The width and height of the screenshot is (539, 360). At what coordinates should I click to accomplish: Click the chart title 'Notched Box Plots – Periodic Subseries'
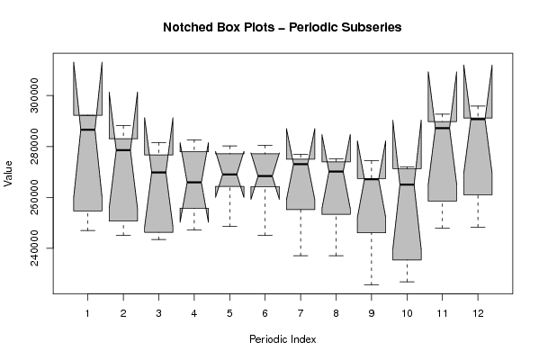283,27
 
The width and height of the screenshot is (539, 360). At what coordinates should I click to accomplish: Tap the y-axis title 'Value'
8,174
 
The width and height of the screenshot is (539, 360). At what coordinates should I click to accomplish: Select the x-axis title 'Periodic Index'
283,339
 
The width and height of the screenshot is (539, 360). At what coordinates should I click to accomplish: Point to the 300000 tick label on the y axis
34,95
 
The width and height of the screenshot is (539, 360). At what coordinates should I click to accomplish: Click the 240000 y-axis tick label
34,248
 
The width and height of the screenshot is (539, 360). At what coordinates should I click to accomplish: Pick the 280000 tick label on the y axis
34,147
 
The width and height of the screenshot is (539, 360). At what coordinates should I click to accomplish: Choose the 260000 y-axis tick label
34,197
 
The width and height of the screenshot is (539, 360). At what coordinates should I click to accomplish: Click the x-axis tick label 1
87,313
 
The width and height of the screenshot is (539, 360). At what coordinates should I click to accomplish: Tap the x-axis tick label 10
407,313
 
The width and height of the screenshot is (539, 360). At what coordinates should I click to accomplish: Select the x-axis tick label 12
478,313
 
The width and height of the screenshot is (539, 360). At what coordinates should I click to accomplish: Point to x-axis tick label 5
229,313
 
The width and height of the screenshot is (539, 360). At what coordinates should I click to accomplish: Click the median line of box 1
87,130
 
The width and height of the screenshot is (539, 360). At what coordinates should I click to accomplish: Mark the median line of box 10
407,184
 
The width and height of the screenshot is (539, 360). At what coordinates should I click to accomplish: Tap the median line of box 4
194,182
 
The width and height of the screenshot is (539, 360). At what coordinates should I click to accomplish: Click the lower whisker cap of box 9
372,284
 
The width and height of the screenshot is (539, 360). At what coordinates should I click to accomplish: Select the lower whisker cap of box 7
301,256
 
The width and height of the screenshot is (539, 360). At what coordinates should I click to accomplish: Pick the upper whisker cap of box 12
478,106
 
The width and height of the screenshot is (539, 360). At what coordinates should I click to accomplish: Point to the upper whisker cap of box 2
123,125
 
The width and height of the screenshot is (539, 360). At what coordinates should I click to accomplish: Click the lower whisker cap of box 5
229,226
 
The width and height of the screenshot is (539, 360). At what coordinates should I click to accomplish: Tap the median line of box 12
478,119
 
